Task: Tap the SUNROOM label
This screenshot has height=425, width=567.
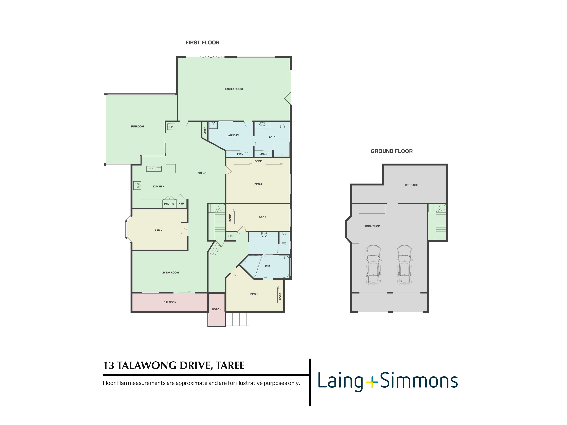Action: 137,127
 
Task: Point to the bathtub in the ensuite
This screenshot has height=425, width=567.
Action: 284,267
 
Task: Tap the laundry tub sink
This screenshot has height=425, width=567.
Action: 213,125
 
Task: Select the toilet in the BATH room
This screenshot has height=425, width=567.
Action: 283,126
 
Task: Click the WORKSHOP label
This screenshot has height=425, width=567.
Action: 372,226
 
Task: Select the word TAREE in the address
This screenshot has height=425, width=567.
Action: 230,365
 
